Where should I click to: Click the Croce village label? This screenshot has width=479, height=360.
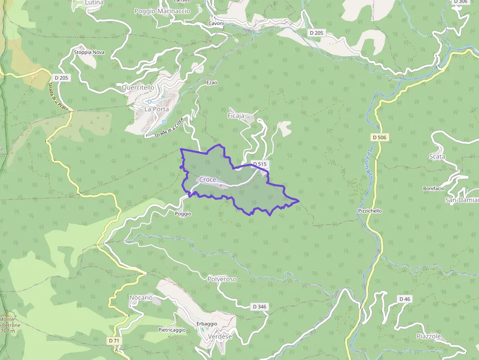click(x=208, y=180)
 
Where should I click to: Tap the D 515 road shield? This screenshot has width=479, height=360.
click(x=259, y=164)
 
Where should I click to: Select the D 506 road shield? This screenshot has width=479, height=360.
click(x=379, y=137)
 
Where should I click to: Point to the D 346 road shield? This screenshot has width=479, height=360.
click(x=260, y=307)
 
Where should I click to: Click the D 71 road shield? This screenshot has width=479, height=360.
click(x=114, y=340)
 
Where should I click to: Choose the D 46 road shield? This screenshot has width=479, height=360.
click(x=404, y=299)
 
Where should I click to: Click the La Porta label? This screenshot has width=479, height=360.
click(x=156, y=109)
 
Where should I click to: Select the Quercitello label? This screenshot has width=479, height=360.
click(x=138, y=87)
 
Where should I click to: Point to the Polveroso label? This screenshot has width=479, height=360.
click(x=222, y=279)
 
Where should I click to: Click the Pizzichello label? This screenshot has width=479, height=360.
click(x=370, y=211)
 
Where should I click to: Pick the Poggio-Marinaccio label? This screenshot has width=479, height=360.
click(x=163, y=11)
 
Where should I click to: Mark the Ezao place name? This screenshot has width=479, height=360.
click(x=212, y=83)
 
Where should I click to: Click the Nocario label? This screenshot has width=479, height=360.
click(x=141, y=297)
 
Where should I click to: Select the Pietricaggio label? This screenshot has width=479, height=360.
click(x=172, y=330)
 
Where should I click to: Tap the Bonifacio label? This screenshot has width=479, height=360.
click(x=434, y=189)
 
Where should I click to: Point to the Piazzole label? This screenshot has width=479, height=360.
click(x=429, y=337)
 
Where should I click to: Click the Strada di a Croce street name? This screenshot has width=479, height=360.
click(x=168, y=128)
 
